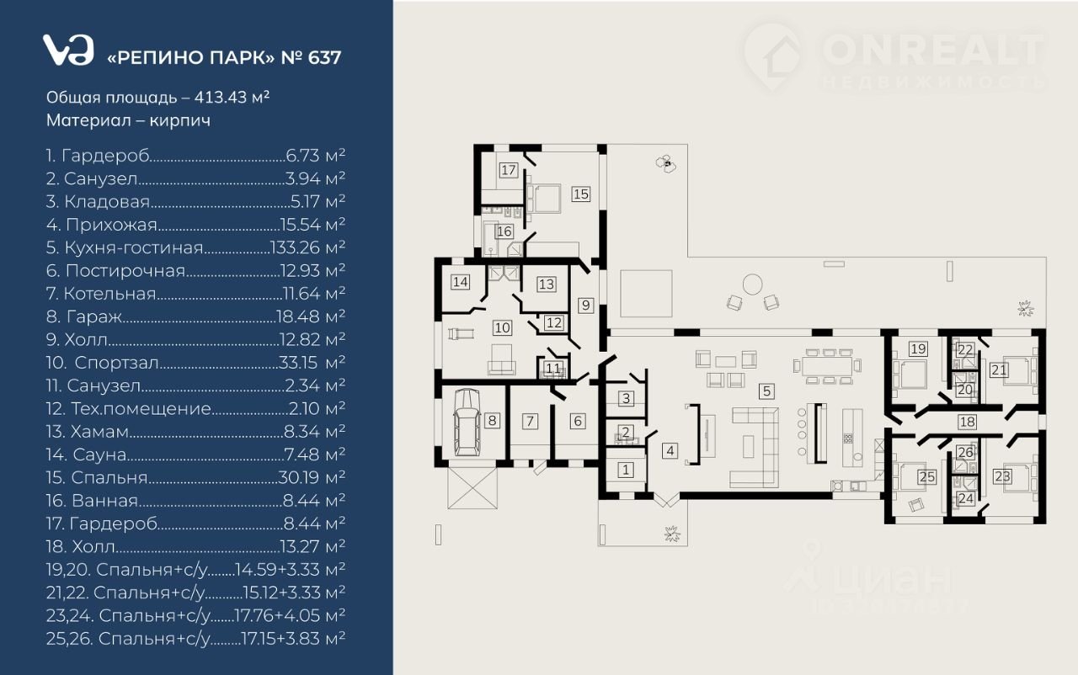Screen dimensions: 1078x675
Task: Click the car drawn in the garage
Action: (467, 423)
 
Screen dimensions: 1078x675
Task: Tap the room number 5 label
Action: (766, 391)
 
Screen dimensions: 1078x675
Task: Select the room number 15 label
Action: (581, 194)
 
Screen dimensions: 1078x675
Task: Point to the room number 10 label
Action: (503, 328)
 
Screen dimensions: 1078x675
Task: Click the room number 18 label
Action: (968, 422)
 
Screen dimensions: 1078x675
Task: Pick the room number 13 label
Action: (547, 284)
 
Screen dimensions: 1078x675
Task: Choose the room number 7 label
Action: (530, 421)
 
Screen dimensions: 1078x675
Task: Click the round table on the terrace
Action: (752, 284)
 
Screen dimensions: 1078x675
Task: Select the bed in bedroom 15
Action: (544, 199)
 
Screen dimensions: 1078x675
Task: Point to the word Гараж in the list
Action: (94, 316)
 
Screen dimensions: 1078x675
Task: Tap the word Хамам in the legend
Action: (99, 431)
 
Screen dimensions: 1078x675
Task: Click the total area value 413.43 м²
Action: (232, 97)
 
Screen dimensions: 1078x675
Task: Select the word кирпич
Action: (179, 120)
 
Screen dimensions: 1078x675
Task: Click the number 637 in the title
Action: (324, 57)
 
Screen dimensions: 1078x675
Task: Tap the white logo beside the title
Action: (68, 50)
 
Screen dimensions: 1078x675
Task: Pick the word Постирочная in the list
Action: (125, 271)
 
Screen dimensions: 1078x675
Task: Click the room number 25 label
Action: (927, 477)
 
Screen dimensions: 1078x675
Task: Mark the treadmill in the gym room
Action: (462, 333)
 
